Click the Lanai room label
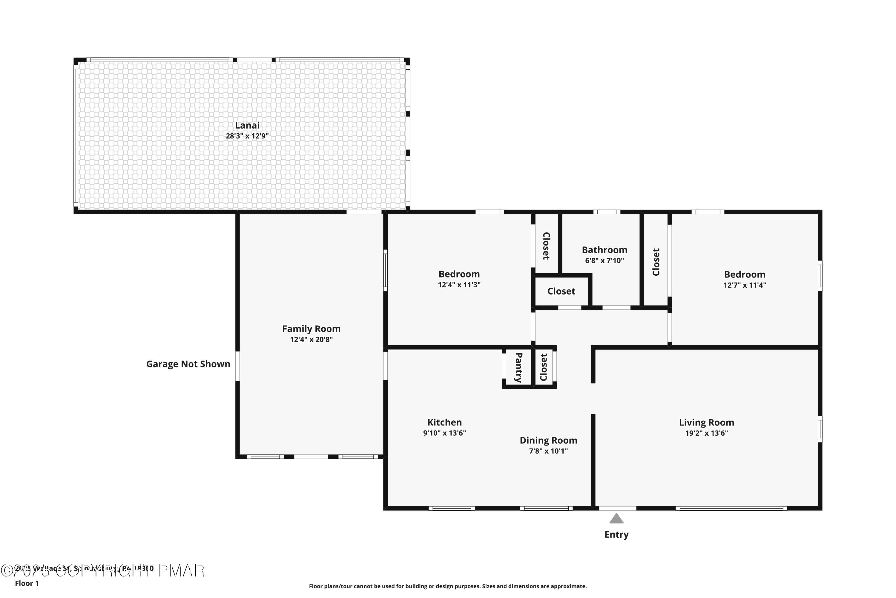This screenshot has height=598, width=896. click(x=247, y=125)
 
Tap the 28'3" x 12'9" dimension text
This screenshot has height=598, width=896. click(x=247, y=136)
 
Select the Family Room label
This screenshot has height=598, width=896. click(x=311, y=329)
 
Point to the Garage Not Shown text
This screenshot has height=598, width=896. click(x=188, y=364)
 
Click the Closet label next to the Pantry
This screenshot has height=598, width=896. click(x=544, y=367)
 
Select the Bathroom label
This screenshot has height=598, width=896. click(x=604, y=250)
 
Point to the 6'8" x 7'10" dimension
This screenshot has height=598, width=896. click(x=604, y=261)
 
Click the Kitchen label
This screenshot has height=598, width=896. click(x=444, y=422)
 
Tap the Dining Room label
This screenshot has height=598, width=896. click(x=548, y=440)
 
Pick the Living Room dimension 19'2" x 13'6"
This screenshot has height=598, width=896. click(x=706, y=433)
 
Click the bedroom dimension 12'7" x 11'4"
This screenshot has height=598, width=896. click(x=744, y=285)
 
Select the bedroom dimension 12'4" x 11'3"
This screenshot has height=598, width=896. click(x=459, y=285)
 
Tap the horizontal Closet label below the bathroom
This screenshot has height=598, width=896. click(x=561, y=291)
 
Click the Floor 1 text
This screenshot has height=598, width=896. click(x=27, y=583)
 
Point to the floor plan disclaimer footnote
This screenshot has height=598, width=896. click(x=448, y=586)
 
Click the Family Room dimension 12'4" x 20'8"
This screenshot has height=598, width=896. click(x=311, y=340)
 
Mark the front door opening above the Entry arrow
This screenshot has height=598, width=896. click(x=617, y=508)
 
